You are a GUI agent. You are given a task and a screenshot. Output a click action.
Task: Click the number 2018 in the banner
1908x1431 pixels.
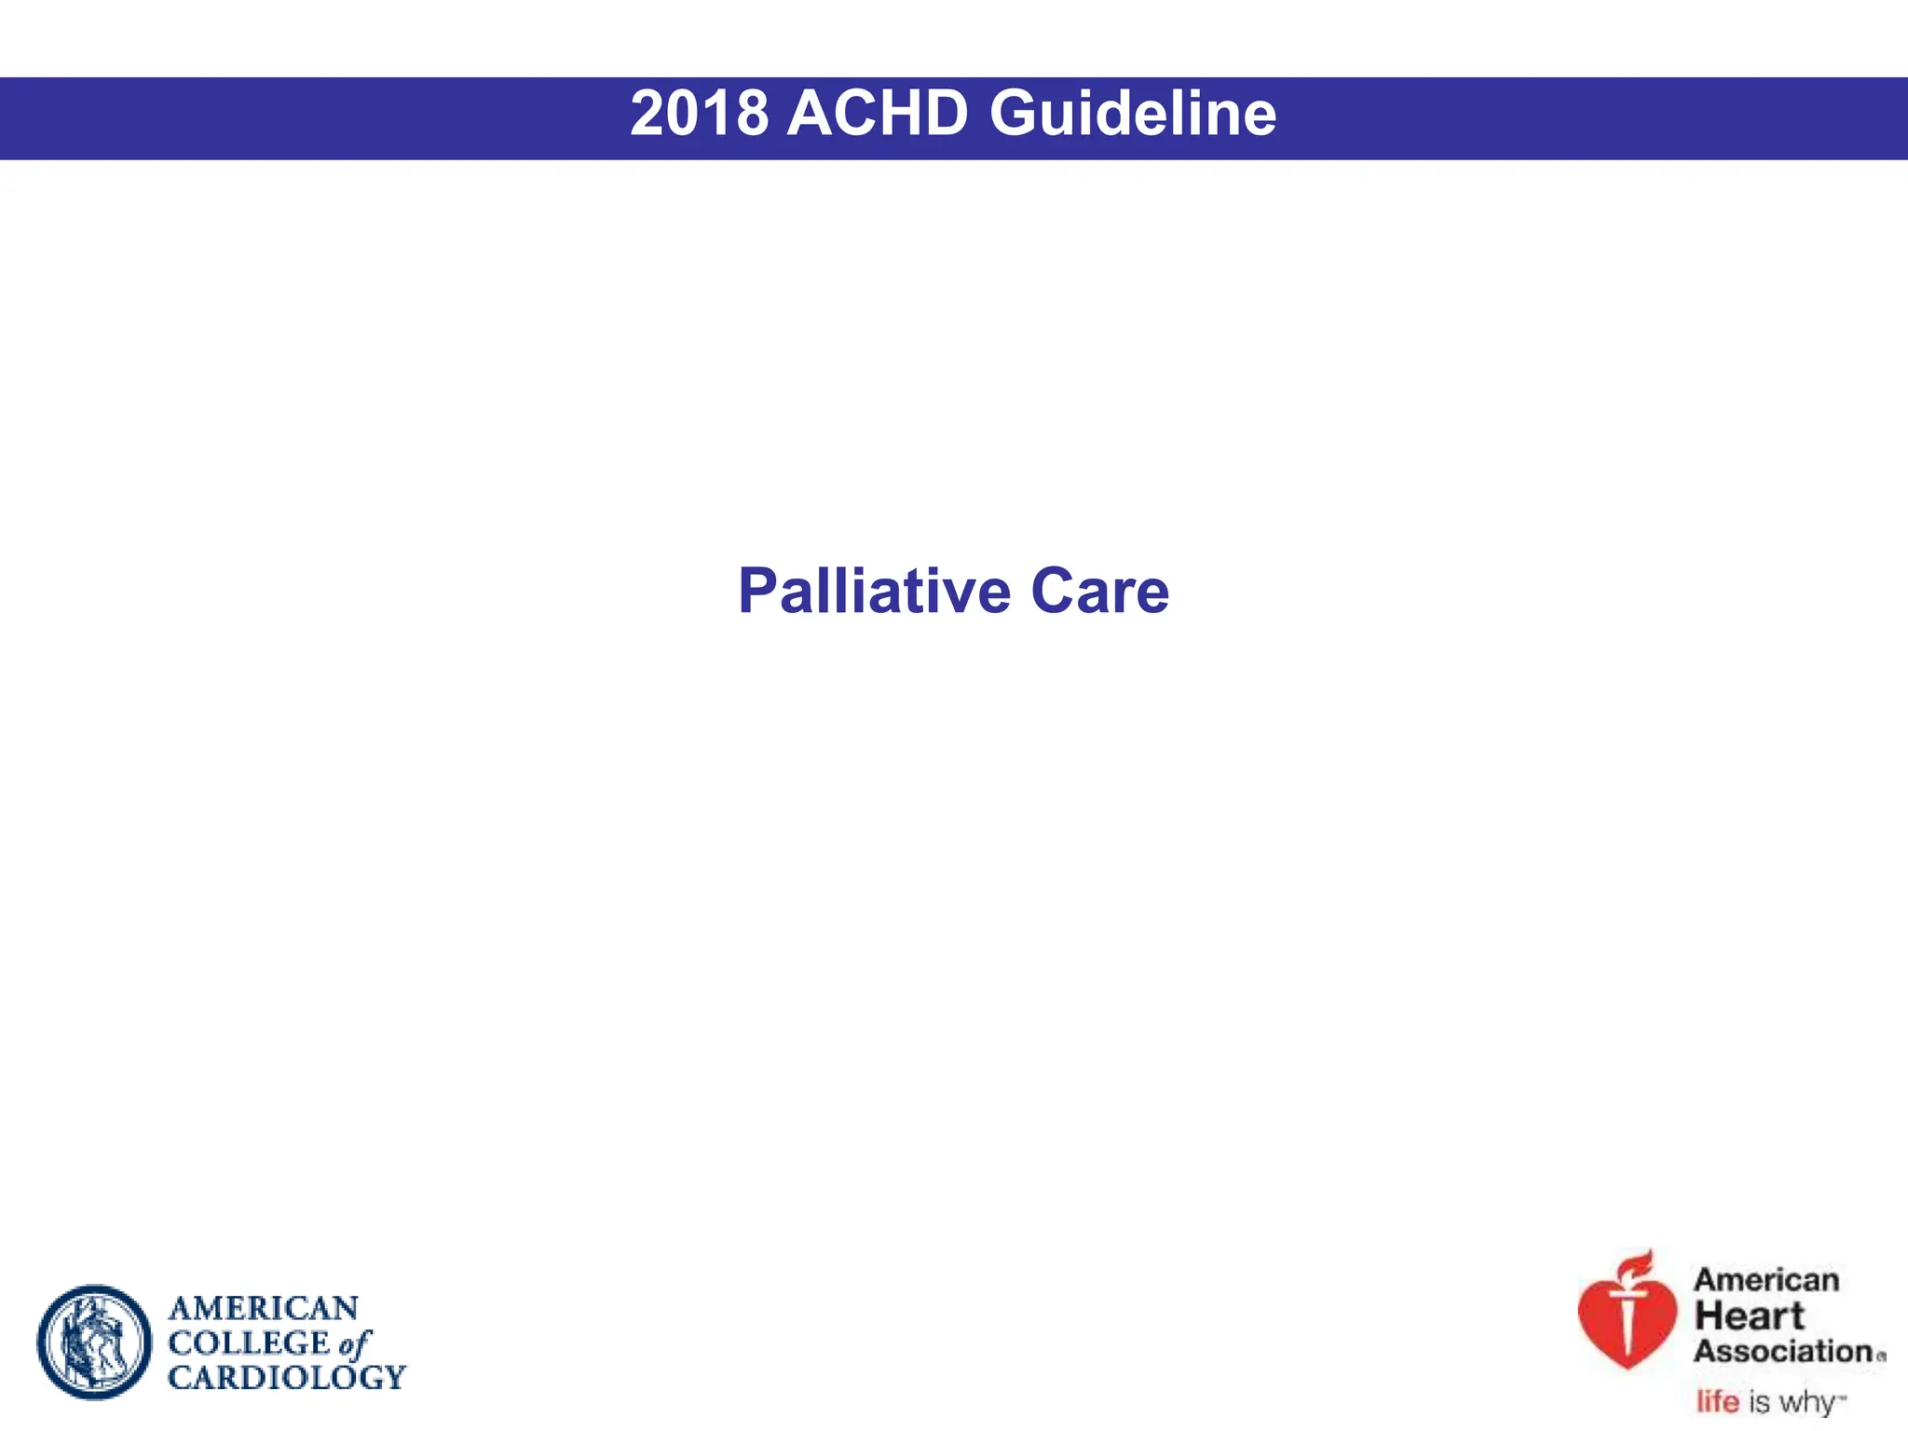tap(699, 114)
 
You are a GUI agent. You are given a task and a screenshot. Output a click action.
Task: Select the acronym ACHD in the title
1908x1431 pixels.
tap(878, 114)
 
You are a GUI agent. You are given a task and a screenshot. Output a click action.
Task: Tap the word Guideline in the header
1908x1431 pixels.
tap(1132, 114)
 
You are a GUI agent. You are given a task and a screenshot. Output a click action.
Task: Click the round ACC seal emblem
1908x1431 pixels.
tap(94, 1342)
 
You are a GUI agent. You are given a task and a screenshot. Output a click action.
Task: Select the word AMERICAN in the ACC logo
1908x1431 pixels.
tap(264, 1308)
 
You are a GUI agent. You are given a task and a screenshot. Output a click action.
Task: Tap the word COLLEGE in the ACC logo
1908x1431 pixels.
tap(249, 1342)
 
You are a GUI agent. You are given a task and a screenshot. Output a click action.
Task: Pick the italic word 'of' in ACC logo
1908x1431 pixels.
tap(355, 1343)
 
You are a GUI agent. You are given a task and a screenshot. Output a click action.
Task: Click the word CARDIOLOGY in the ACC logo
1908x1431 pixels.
tap(287, 1377)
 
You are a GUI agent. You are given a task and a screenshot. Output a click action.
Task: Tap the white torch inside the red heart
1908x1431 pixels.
tap(1628, 1323)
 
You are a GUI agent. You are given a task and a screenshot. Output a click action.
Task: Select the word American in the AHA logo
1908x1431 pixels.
tap(1765, 1280)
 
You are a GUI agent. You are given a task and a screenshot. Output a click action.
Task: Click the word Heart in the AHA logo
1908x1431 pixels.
tap(1749, 1316)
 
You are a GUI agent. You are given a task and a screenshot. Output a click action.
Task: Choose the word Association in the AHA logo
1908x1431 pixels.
tap(1783, 1351)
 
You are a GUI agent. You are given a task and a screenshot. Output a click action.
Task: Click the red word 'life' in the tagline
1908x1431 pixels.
tap(1717, 1401)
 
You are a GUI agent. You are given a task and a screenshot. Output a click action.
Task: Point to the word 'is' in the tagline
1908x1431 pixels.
tap(1759, 1401)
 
